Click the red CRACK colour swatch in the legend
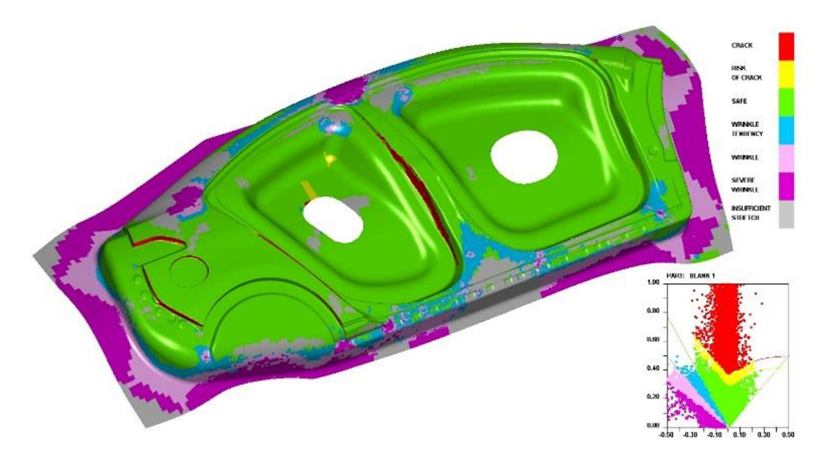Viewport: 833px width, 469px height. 786,46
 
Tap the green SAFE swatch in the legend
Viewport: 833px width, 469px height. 786,103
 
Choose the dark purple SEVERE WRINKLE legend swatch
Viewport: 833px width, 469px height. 786,186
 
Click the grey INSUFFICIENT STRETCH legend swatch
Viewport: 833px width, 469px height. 786,214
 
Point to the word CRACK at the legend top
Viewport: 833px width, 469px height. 742,46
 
